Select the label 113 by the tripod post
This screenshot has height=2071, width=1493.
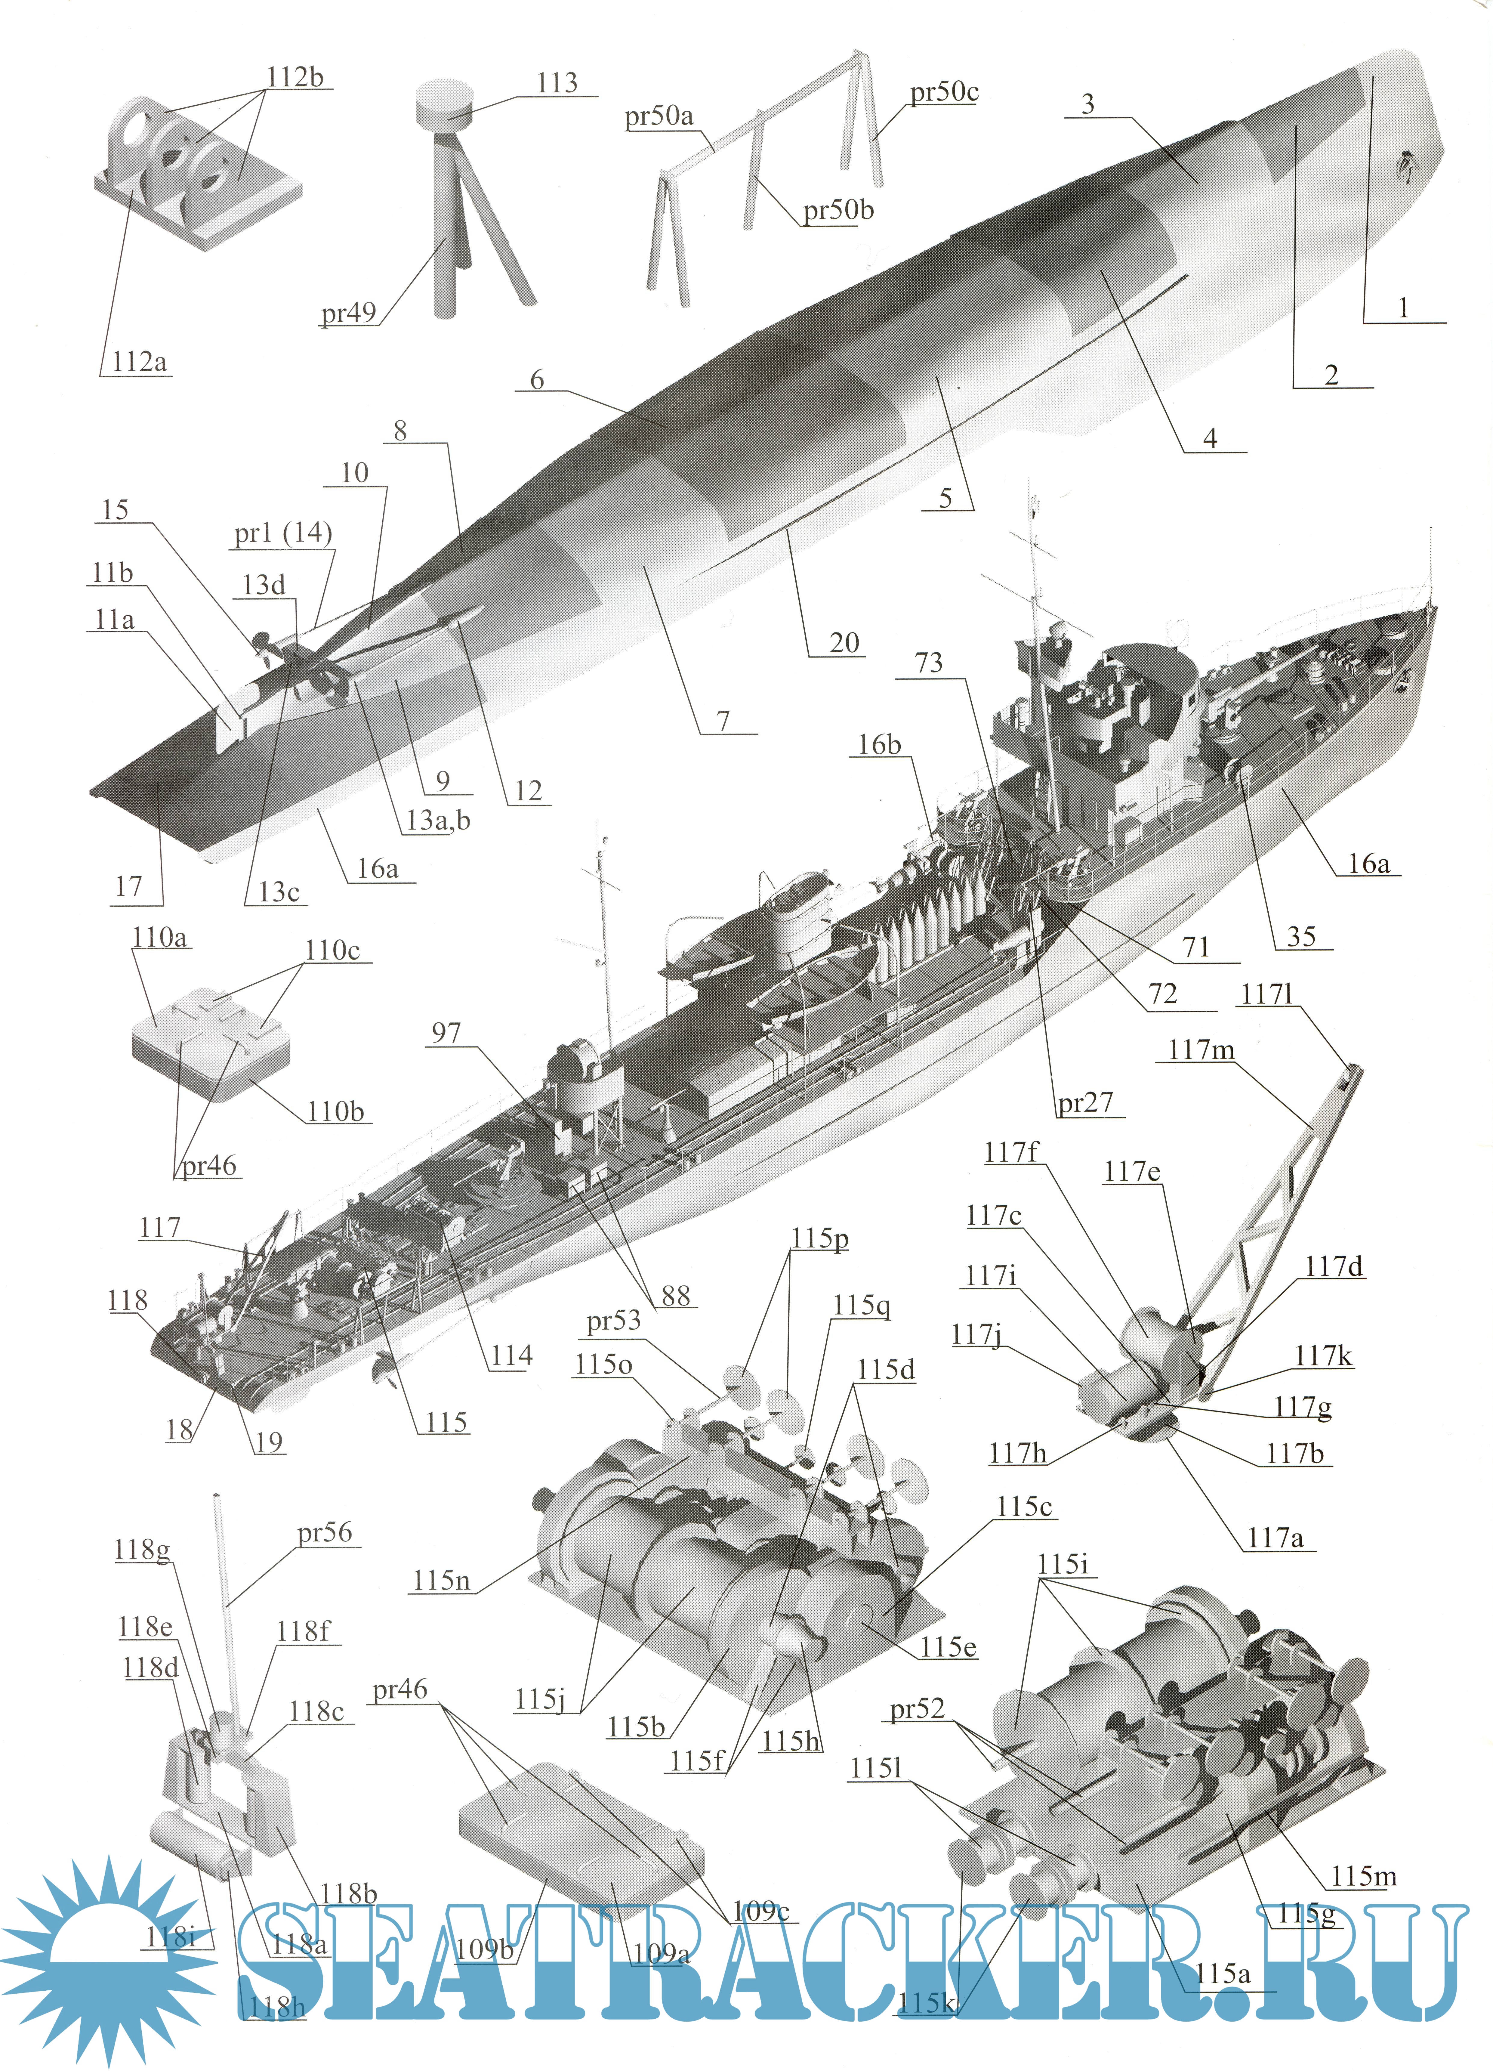point(557,83)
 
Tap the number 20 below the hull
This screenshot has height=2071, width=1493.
point(845,643)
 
